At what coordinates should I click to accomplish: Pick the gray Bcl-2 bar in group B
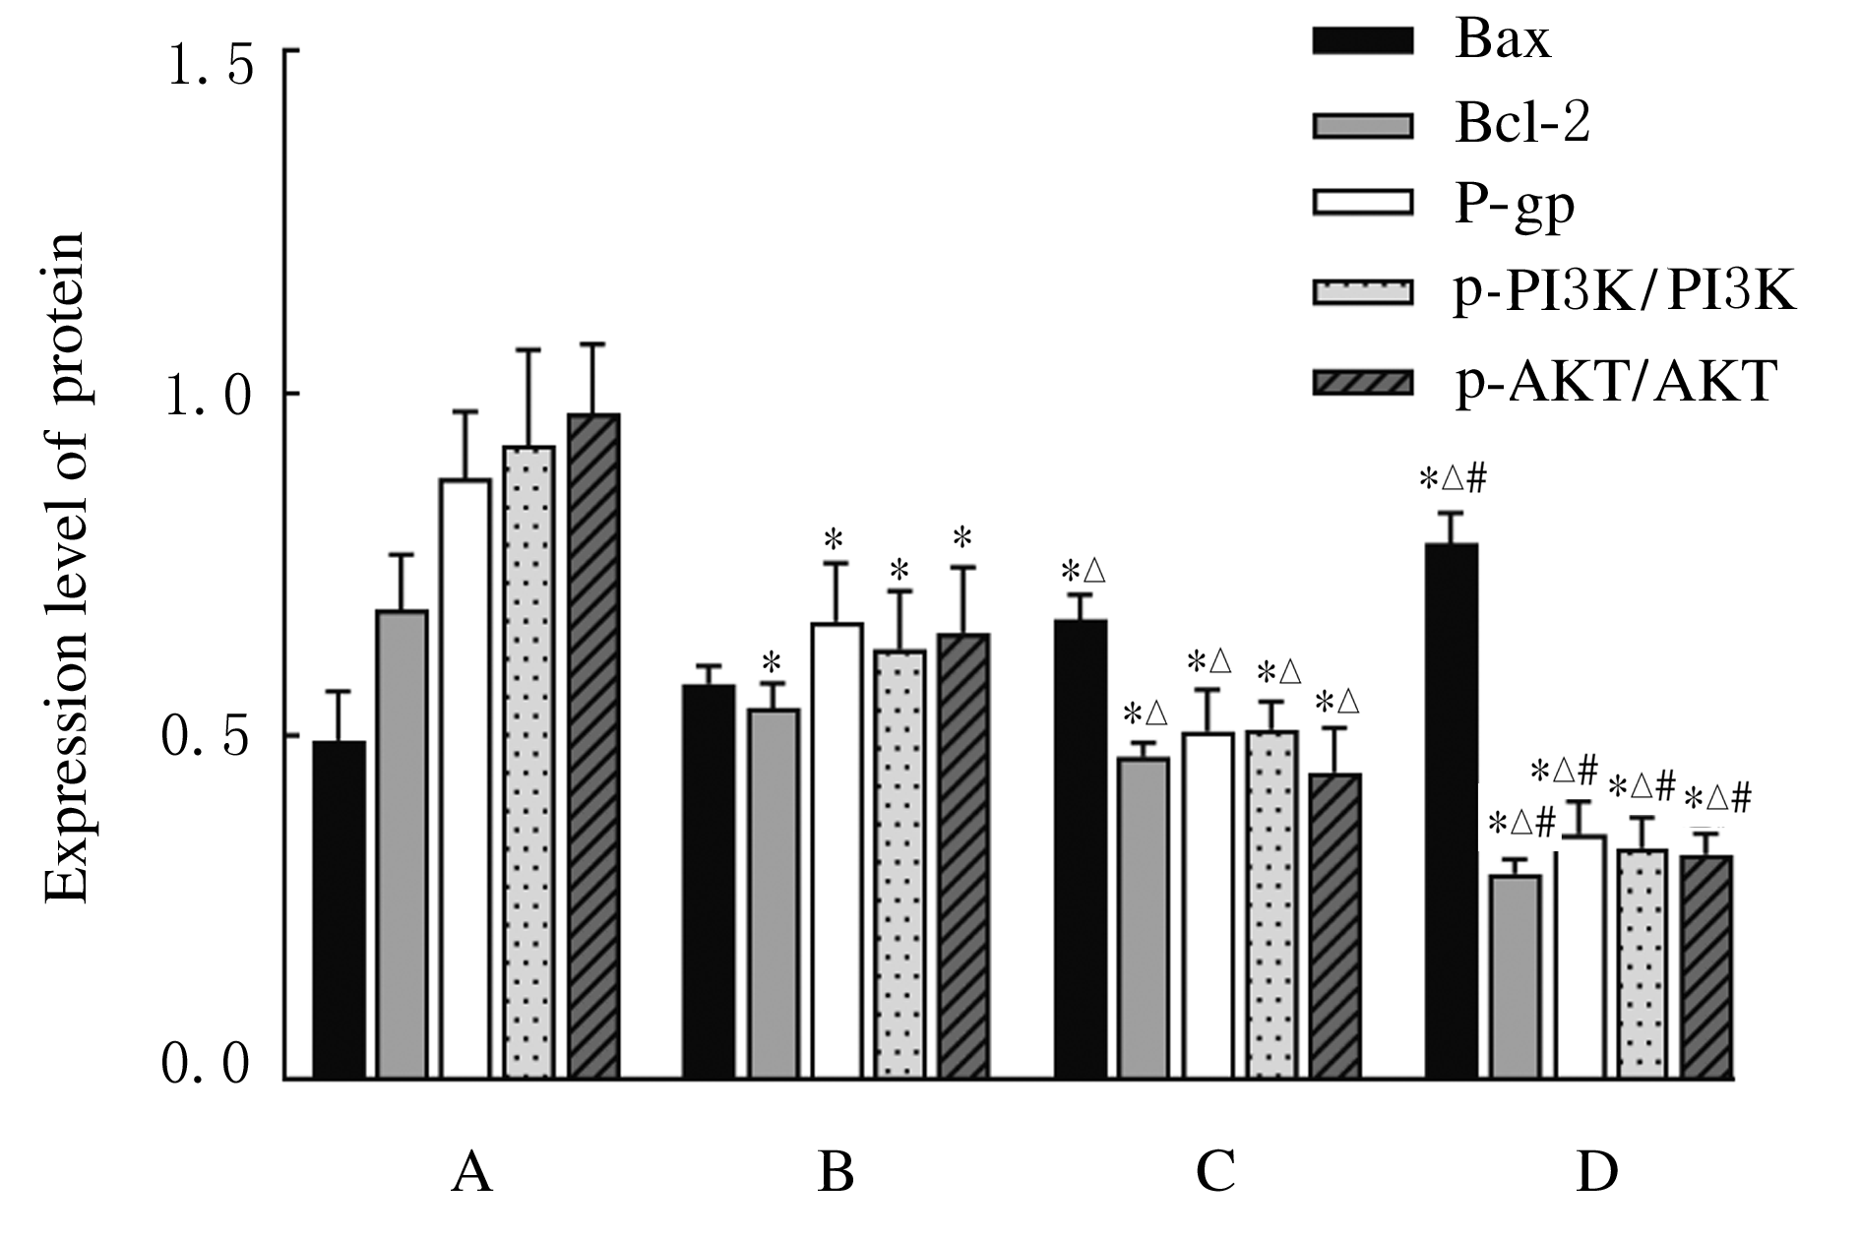tap(774, 893)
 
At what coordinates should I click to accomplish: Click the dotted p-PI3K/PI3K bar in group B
tap(900, 863)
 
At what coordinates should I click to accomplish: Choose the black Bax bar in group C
tap(1081, 848)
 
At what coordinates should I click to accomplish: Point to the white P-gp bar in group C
tap(1208, 904)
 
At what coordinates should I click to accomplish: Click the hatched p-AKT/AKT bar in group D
tap(1706, 966)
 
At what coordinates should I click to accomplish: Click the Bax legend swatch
tap(1363, 40)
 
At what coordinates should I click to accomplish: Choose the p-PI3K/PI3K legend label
tap(1625, 292)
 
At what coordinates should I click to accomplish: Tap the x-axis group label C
tap(1215, 1171)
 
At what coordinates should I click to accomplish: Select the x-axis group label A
tap(471, 1171)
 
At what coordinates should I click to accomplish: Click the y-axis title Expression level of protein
tap(67, 568)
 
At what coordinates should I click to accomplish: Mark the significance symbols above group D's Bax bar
tap(1453, 480)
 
